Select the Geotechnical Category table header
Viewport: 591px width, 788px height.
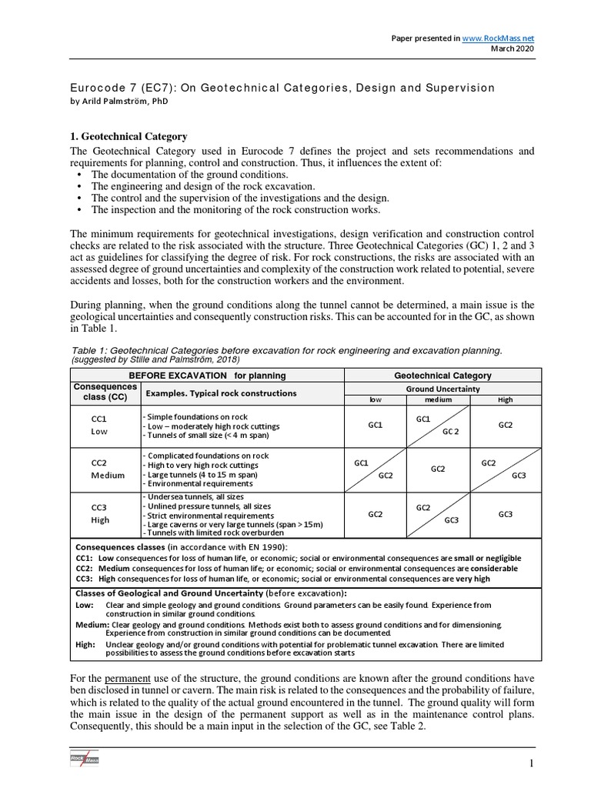[x=442, y=376]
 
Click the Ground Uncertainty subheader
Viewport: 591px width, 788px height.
[x=442, y=389]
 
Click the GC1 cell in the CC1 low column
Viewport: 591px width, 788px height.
[x=376, y=425]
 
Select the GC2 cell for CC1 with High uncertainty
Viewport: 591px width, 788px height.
[x=505, y=425]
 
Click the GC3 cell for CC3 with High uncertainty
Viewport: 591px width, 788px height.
[x=505, y=514]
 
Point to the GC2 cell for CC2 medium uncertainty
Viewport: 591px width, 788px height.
[x=439, y=469]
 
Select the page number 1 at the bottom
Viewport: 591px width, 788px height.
[x=530, y=763]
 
